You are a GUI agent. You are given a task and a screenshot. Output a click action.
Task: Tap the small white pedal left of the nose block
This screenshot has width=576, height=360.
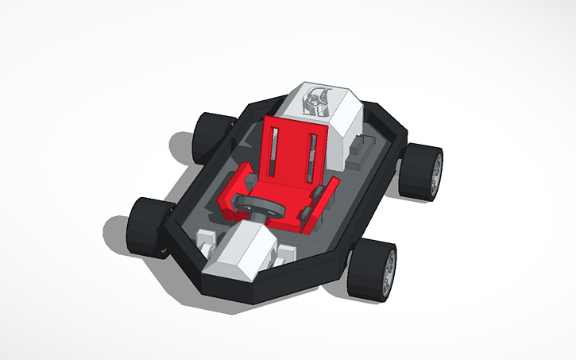(x=205, y=238)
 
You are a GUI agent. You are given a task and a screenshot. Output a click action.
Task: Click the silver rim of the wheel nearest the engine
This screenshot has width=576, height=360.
(x=435, y=173)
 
